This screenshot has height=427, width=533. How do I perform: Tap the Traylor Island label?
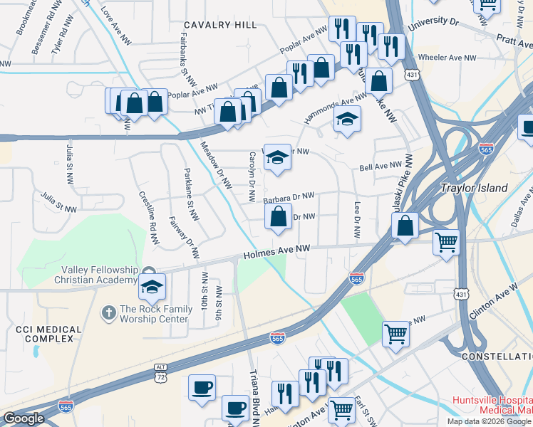click(474, 189)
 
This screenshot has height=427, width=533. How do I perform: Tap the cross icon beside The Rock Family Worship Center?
click(108, 312)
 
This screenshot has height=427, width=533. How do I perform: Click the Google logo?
click(24, 418)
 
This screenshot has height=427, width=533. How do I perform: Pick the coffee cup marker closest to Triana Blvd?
click(234, 408)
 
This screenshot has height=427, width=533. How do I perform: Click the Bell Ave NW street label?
click(381, 166)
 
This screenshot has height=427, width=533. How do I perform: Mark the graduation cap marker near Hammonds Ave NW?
click(346, 120)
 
